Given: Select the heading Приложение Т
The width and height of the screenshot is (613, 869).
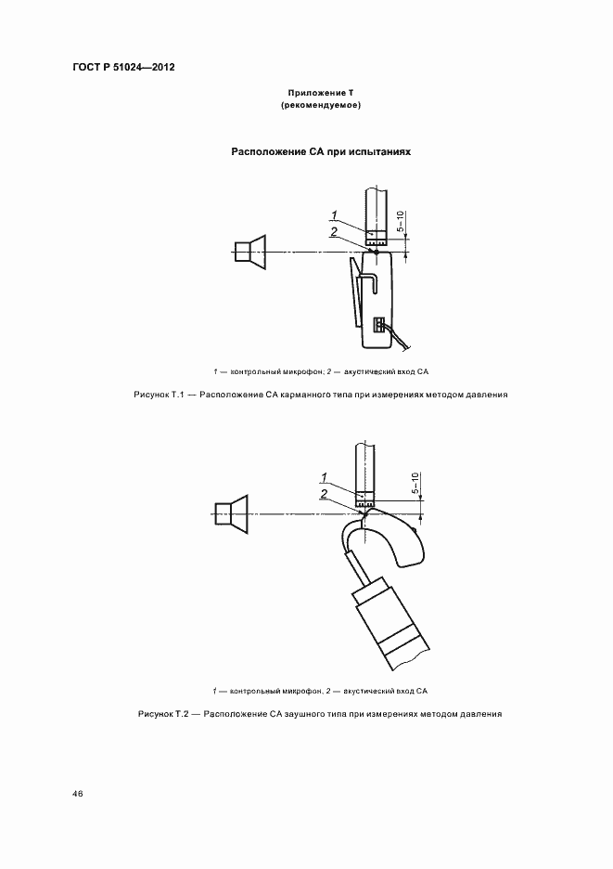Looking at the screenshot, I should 319,94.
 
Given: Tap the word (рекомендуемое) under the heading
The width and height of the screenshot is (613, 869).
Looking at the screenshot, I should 319,106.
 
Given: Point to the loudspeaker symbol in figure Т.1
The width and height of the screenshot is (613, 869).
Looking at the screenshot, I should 249,251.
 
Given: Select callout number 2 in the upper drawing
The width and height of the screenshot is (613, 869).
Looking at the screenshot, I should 333,232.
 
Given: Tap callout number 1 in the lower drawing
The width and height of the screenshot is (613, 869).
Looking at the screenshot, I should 324,477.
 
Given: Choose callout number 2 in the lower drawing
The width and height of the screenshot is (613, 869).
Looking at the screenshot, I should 324,493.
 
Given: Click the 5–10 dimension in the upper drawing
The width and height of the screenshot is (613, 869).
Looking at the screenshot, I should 400,222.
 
